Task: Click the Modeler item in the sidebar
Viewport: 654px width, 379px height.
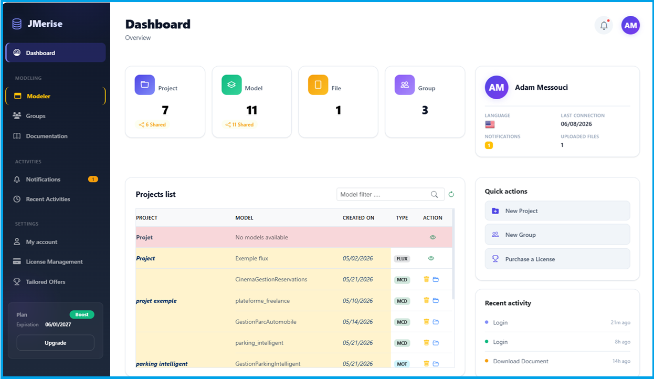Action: (56, 96)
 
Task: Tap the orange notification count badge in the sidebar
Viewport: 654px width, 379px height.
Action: (93, 180)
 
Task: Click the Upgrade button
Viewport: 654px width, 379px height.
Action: (56, 343)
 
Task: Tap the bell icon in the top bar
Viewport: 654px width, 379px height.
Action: (604, 25)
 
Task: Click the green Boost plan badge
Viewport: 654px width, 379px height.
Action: (82, 314)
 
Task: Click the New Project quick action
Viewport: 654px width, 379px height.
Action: (557, 211)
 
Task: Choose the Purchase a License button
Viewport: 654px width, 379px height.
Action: (557, 259)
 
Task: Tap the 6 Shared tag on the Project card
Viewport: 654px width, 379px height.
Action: (152, 125)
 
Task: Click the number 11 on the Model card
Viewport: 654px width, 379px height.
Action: (251, 110)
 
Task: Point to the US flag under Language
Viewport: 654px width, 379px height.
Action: (490, 124)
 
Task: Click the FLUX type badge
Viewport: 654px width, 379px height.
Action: (402, 259)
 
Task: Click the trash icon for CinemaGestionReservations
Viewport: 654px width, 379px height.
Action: (426, 279)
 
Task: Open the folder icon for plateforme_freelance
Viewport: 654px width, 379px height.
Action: (436, 300)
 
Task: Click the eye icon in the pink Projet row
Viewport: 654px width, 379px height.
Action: (433, 237)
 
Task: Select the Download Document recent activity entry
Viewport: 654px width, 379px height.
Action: (521, 361)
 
